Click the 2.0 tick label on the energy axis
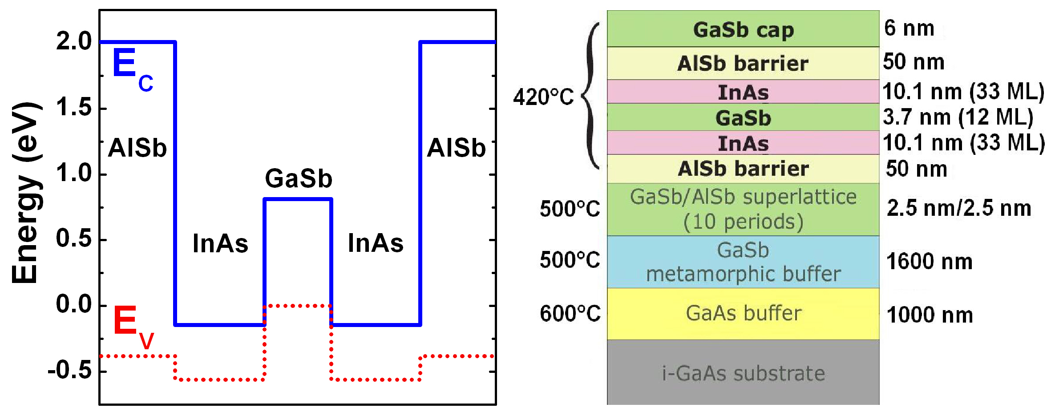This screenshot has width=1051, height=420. [74, 41]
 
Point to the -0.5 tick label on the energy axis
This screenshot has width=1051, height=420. [70, 370]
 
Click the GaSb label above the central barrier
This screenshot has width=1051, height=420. [299, 178]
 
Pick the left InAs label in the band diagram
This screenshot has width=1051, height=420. [220, 243]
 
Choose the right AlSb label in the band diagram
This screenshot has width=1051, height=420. [456, 148]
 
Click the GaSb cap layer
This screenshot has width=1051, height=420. [743, 29]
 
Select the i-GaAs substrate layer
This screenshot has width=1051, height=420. [743, 373]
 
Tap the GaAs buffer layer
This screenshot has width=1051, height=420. [743, 313]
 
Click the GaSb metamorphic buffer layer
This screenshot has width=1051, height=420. [743, 262]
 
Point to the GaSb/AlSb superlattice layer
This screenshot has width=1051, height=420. [743, 209]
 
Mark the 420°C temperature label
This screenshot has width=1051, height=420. [543, 97]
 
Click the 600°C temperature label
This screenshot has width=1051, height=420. [570, 314]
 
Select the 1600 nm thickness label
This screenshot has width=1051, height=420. [929, 262]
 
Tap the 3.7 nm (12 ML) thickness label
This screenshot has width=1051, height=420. [958, 117]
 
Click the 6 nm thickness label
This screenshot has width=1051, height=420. [909, 28]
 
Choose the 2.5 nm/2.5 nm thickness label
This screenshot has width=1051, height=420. [958, 208]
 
